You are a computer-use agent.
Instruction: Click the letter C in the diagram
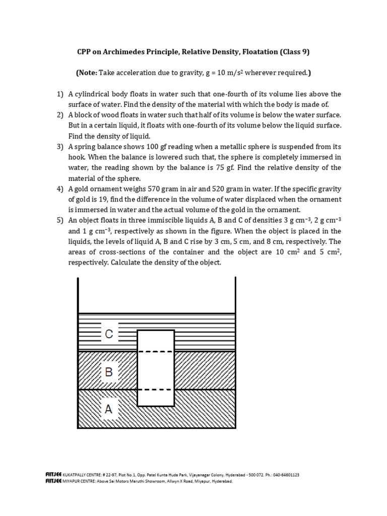click(x=109, y=334)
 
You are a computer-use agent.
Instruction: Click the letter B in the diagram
click(x=109, y=373)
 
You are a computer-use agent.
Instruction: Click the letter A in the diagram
click(x=109, y=410)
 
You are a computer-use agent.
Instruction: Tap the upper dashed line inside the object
click(x=156, y=351)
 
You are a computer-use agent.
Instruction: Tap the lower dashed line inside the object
click(x=156, y=390)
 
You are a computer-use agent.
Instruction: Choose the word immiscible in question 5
click(x=157, y=221)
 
